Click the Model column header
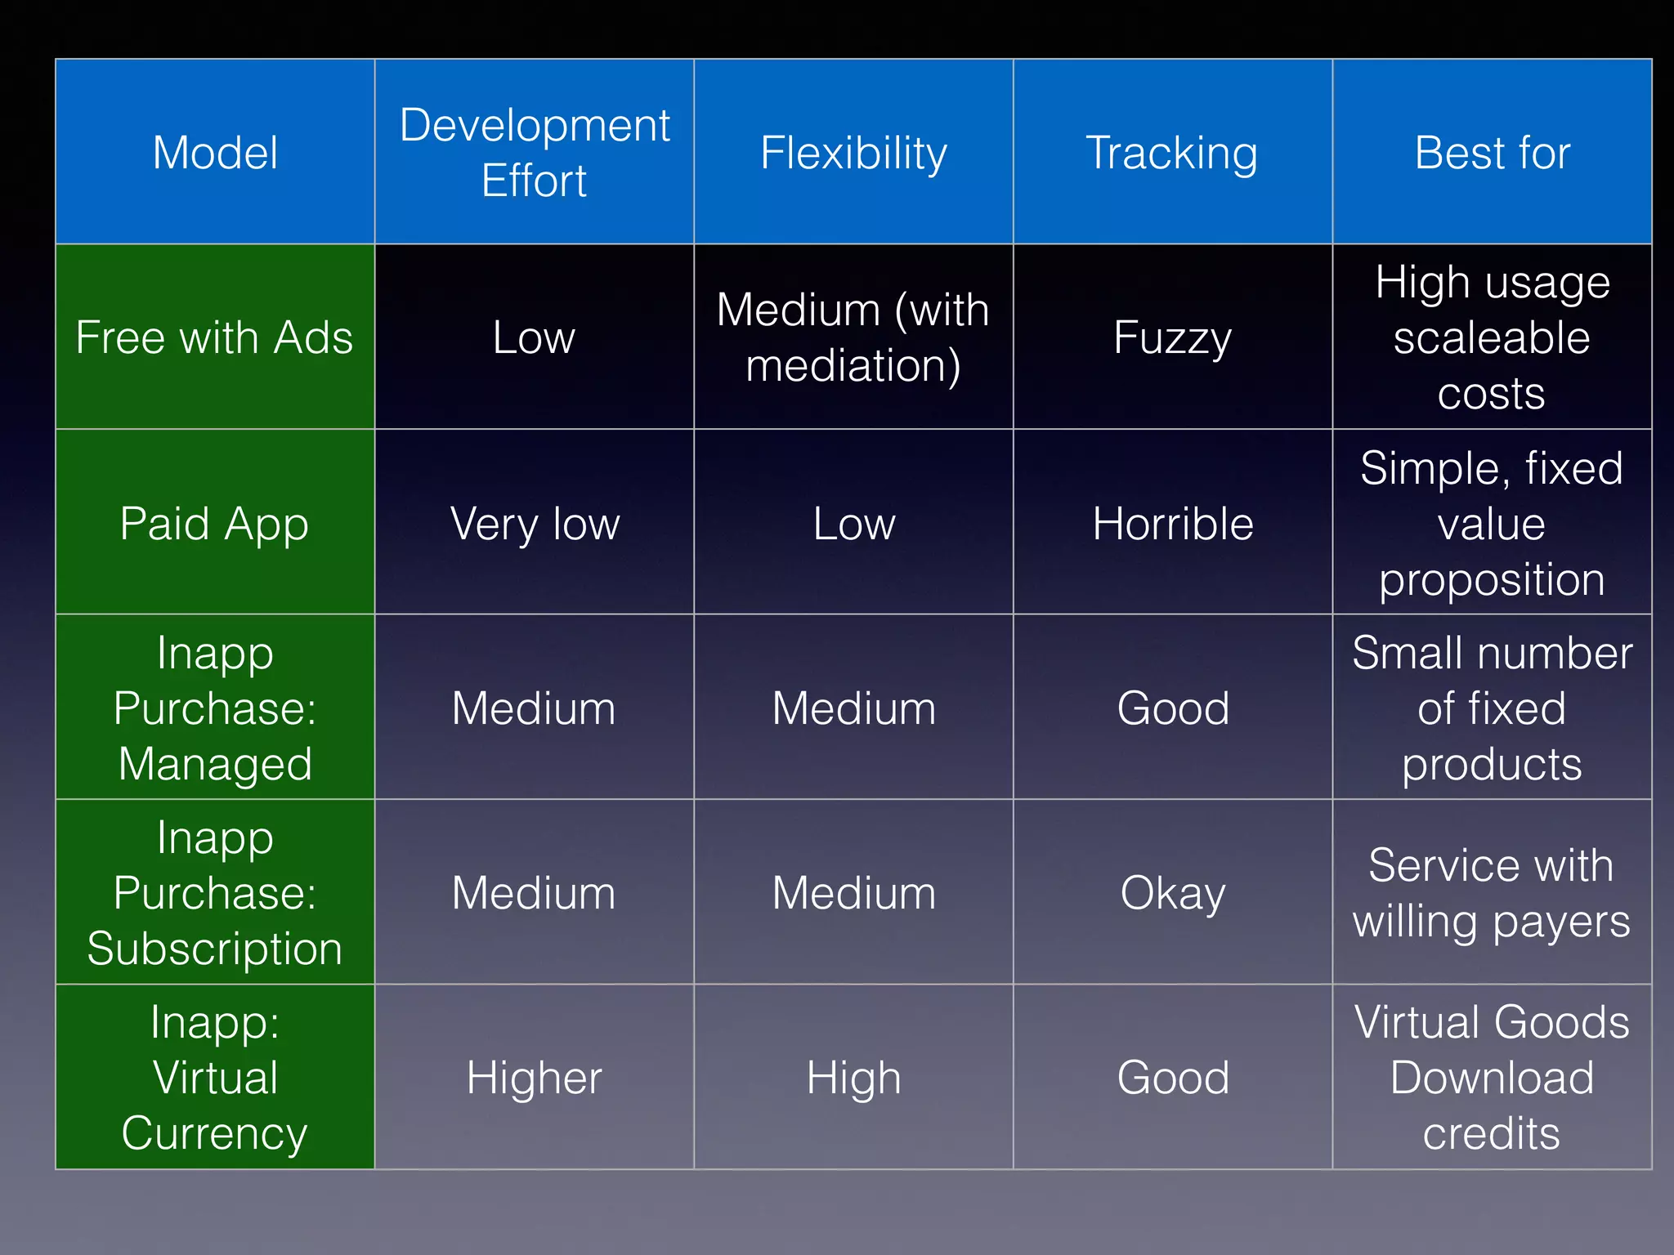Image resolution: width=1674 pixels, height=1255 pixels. tap(215, 153)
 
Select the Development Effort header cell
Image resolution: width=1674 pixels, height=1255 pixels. tap(535, 153)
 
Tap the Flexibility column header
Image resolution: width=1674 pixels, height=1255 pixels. tap(853, 153)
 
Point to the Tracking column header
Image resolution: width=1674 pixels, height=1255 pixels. tap(1172, 153)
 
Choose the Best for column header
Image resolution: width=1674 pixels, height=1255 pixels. tap(1492, 153)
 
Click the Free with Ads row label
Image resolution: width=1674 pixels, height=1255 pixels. tap(214, 337)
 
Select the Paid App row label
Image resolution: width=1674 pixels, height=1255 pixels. tap(214, 523)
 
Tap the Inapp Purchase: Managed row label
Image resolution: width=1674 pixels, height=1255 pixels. tap(214, 708)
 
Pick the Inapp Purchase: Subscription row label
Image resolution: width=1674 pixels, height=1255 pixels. tap(214, 892)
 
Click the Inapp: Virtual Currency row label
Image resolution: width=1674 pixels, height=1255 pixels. tap(214, 1077)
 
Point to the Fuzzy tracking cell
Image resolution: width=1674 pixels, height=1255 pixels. tap(1172, 337)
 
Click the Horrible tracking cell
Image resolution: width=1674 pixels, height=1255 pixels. tap(1172, 523)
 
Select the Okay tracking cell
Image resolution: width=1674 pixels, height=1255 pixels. tap(1172, 892)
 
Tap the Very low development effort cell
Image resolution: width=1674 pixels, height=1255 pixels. tap(535, 523)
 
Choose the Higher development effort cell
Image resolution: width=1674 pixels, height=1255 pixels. tap(535, 1077)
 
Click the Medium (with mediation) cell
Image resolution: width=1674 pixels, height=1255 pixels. tap(853, 337)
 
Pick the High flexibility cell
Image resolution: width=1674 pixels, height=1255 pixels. tap(853, 1077)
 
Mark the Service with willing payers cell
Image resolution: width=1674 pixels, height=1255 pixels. tap(1492, 892)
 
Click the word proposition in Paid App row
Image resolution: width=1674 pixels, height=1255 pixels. tap(1492, 580)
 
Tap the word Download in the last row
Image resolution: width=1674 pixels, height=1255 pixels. tap(1492, 1077)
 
